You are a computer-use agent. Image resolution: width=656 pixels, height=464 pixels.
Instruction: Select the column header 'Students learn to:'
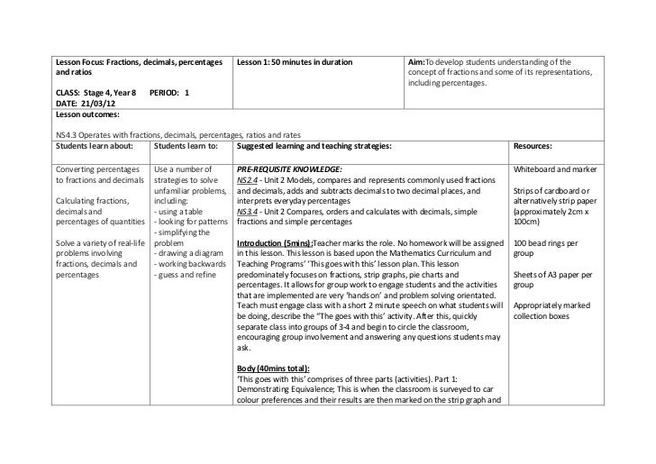coord(187,144)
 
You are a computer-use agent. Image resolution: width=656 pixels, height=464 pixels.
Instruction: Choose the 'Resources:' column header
coord(532,144)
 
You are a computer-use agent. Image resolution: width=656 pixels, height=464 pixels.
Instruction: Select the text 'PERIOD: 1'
coord(169,93)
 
